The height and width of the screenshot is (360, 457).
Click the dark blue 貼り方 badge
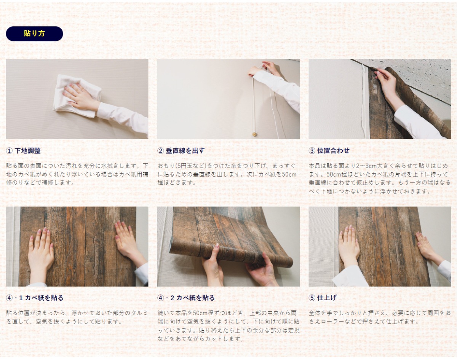pos(34,33)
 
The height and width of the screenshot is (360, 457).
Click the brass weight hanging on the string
pos(254,134)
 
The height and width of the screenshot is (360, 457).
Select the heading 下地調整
pos(27,151)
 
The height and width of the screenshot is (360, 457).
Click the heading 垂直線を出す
pos(185,151)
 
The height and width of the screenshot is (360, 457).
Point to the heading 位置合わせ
pos(333,151)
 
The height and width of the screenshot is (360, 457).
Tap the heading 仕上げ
pos(327,298)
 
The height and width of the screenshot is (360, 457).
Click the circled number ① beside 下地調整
pos(9,151)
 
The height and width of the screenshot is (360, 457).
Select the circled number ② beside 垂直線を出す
pos(161,151)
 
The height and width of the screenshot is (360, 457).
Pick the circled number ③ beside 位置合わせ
pos(312,151)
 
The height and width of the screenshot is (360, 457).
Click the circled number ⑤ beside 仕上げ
pos(312,298)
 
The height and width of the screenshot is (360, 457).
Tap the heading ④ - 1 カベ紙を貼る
pos(35,298)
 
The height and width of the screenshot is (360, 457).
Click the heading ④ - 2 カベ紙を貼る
pos(186,298)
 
